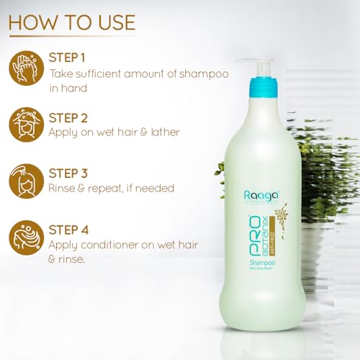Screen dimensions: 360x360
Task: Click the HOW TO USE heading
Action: click(71, 22)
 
